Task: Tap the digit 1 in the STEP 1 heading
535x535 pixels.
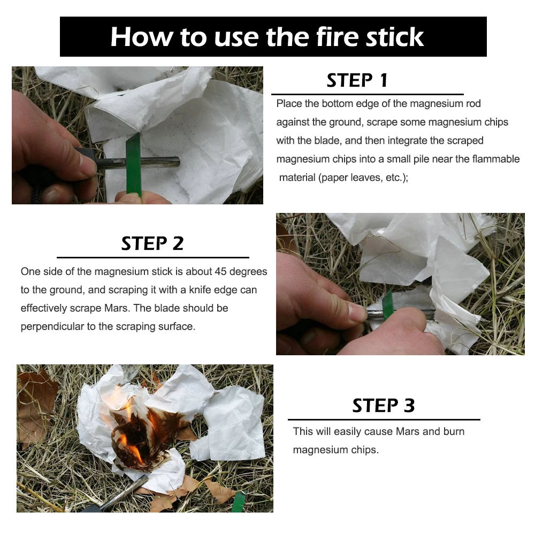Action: point(384,81)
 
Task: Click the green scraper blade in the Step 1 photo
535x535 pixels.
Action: point(133,165)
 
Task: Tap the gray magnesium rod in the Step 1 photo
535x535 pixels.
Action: point(138,163)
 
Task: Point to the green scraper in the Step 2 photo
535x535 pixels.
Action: point(388,305)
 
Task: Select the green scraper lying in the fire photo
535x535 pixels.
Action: point(239,502)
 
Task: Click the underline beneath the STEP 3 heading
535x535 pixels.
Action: point(384,419)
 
